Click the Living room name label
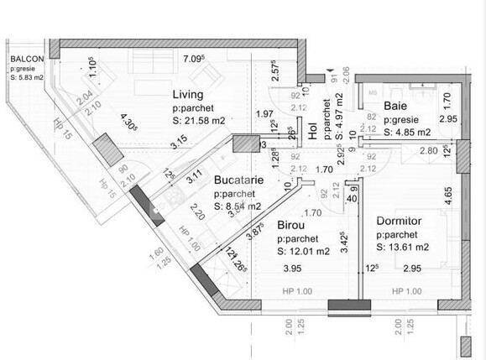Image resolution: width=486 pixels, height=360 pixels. pyautogui.click(x=189, y=93)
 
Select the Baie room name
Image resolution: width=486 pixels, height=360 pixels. pyautogui.click(x=396, y=106)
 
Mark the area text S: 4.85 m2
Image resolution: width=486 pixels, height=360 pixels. pyautogui.click(x=406, y=132)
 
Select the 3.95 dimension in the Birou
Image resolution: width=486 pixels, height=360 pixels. pyautogui.click(x=290, y=269)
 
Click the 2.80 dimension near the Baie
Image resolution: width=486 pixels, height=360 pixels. pyautogui.click(x=428, y=150)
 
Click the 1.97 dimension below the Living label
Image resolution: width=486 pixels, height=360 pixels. pyautogui.click(x=265, y=114)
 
